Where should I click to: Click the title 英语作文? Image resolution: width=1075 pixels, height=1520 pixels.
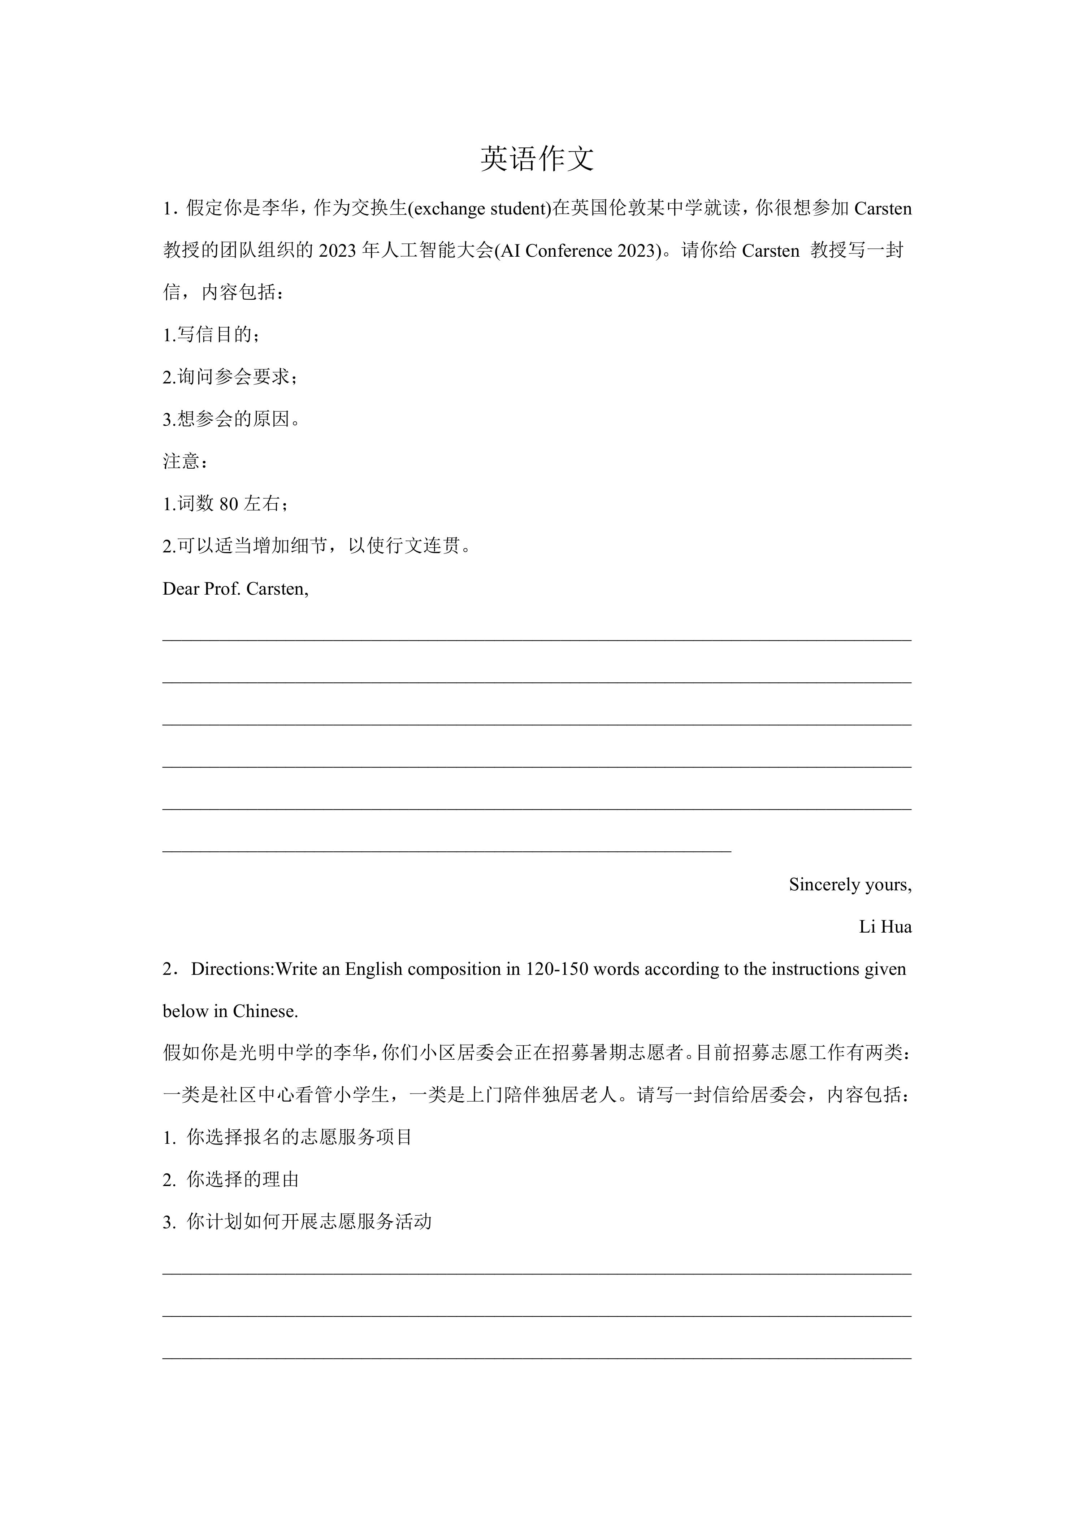(537, 160)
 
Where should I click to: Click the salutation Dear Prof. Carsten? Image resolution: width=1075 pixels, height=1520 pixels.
(236, 589)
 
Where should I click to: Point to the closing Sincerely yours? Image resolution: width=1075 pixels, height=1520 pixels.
(850, 885)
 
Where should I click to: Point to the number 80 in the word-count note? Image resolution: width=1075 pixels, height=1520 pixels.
(228, 504)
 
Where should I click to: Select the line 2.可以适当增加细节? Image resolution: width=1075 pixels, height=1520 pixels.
(316, 547)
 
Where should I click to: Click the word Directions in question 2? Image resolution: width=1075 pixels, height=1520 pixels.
(232, 969)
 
